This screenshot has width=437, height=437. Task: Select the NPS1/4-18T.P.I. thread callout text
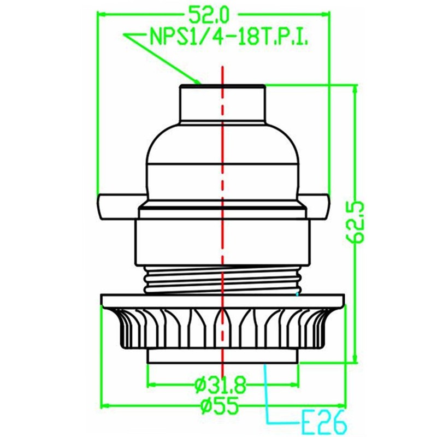227,39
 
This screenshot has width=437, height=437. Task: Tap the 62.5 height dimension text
357,222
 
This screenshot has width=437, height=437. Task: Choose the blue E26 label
322,422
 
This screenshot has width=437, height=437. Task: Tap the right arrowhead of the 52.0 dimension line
327,12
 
